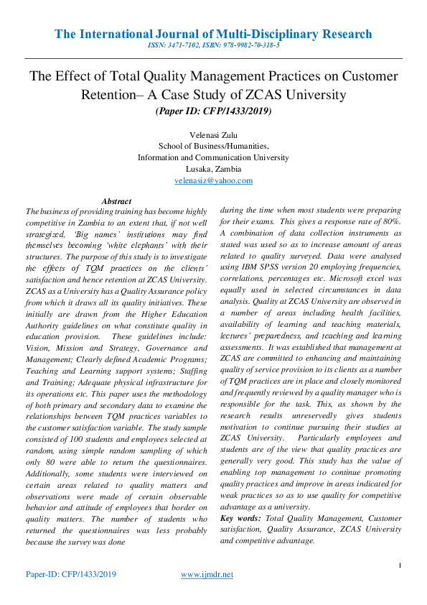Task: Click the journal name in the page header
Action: point(213,34)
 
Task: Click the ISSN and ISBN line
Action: point(213,45)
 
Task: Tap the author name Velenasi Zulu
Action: point(213,134)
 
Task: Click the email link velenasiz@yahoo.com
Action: point(213,180)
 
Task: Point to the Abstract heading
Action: point(116,201)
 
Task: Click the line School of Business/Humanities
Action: point(213,146)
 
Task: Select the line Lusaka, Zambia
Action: point(213,169)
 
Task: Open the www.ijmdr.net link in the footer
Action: point(207,575)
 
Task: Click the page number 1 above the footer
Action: point(399,565)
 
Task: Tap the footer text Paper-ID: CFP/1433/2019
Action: point(70,575)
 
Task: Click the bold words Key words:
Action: point(241,518)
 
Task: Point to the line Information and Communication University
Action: point(213,157)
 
